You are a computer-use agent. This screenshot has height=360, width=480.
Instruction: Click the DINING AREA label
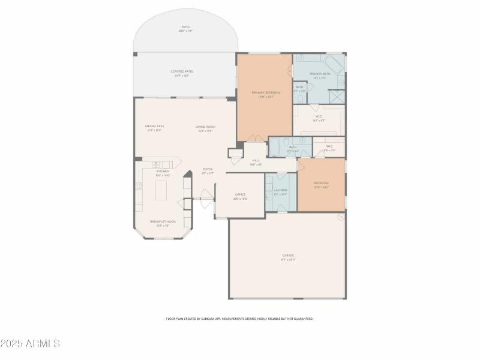(x=154, y=127)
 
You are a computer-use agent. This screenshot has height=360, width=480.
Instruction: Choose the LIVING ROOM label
(x=205, y=128)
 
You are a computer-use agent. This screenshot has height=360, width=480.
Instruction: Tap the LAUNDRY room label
(x=280, y=191)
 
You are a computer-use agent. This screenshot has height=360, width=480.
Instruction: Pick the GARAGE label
(x=288, y=257)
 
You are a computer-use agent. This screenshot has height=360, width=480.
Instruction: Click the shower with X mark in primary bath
(x=337, y=97)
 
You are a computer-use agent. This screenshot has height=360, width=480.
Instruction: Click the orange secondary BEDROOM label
(x=321, y=184)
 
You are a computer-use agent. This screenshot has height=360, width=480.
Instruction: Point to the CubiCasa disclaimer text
(x=239, y=319)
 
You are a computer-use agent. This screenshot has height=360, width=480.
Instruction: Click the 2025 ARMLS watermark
(x=30, y=344)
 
